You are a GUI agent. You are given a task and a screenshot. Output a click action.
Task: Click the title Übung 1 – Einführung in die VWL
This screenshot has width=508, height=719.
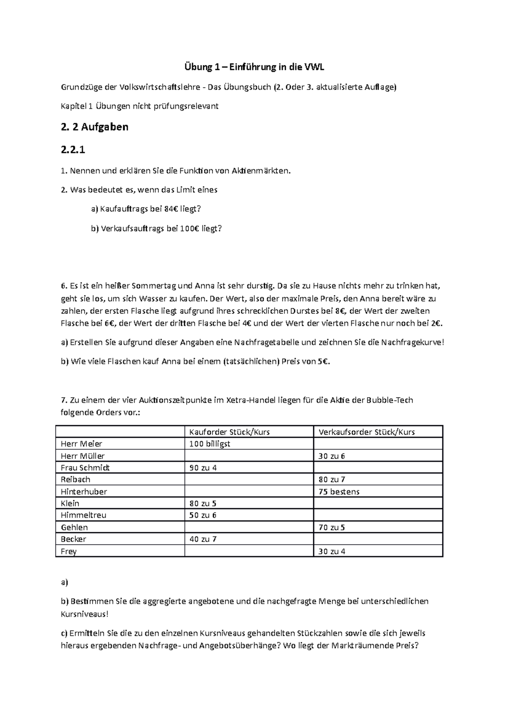click(254, 67)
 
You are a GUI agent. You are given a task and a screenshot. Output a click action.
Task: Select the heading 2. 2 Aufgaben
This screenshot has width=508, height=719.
click(94, 127)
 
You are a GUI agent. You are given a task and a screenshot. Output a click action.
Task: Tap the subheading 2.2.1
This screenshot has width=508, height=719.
click(76, 149)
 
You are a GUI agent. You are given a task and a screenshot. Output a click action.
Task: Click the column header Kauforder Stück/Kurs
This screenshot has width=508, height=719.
click(229, 432)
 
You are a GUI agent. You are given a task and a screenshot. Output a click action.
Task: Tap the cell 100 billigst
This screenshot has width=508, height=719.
click(210, 444)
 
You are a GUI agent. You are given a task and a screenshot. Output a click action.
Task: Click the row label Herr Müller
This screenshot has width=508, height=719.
click(83, 456)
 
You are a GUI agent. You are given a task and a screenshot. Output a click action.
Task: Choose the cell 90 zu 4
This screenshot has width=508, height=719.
click(203, 468)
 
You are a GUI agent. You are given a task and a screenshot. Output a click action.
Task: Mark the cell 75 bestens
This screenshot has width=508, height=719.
click(339, 492)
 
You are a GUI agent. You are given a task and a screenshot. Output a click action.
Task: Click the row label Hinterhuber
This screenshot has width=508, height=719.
click(84, 492)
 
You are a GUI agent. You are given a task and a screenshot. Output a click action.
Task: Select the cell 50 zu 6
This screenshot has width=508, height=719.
click(203, 515)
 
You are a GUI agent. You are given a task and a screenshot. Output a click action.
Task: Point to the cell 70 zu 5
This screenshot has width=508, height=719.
click(332, 528)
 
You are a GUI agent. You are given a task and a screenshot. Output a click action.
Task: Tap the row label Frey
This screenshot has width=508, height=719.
click(69, 551)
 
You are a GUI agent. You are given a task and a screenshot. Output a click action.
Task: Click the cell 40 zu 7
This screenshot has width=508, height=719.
click(203, 539)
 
